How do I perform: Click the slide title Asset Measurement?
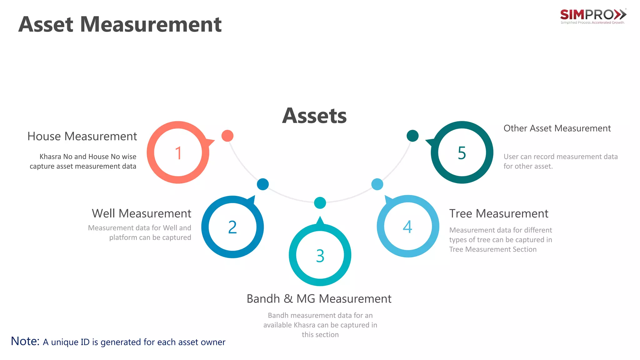120,24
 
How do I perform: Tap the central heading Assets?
314,116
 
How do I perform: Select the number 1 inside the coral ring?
178,153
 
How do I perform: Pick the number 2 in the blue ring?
232,227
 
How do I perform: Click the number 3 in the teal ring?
320,256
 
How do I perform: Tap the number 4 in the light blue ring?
407,227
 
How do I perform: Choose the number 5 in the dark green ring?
462,153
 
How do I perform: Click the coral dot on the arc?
227,136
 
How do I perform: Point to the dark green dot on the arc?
412,136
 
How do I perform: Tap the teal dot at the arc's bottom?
320,203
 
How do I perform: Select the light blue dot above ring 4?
377,184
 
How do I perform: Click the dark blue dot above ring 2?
263,184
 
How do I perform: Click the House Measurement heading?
82,137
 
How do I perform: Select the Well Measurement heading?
142,213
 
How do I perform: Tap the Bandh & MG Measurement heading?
319,299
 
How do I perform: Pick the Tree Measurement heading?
499,214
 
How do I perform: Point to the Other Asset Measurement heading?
557,128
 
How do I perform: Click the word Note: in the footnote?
25,341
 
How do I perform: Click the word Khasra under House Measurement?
50,157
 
